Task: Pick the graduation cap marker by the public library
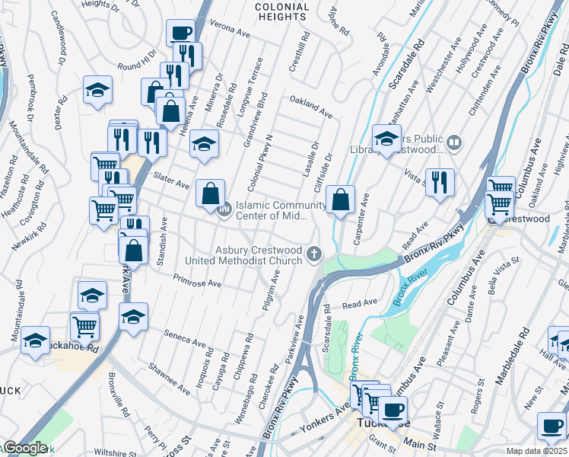click(386, 139)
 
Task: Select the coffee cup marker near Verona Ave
click(180, 34)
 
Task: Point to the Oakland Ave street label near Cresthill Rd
click(310, 108)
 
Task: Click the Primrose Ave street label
click(197, 281)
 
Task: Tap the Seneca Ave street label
click(186, 337)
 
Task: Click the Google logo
click(26, 448)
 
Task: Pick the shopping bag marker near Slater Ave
click(210, 194)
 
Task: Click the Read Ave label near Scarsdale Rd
click(360, 303)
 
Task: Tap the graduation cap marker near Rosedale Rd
click(203, 145)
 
